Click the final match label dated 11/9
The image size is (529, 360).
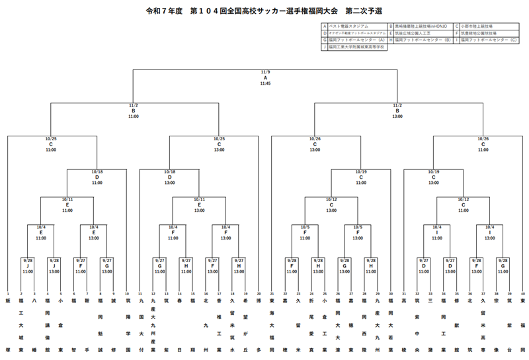265,77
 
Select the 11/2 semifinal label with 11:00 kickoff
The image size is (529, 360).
134,111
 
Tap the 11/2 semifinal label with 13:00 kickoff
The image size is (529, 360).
397,111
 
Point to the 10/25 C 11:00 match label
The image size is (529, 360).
51,144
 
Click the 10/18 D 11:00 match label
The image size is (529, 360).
97,177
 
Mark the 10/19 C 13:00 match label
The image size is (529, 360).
434,177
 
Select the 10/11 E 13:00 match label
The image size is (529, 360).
199,203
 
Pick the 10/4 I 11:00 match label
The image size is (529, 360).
437,232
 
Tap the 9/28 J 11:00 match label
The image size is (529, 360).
28,266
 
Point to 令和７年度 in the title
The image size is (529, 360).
163,11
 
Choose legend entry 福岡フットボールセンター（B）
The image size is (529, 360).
422,40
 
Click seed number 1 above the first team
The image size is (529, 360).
8,293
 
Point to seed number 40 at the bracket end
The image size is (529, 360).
522,293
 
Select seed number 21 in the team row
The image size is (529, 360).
272,293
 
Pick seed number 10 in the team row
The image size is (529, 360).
127,293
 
